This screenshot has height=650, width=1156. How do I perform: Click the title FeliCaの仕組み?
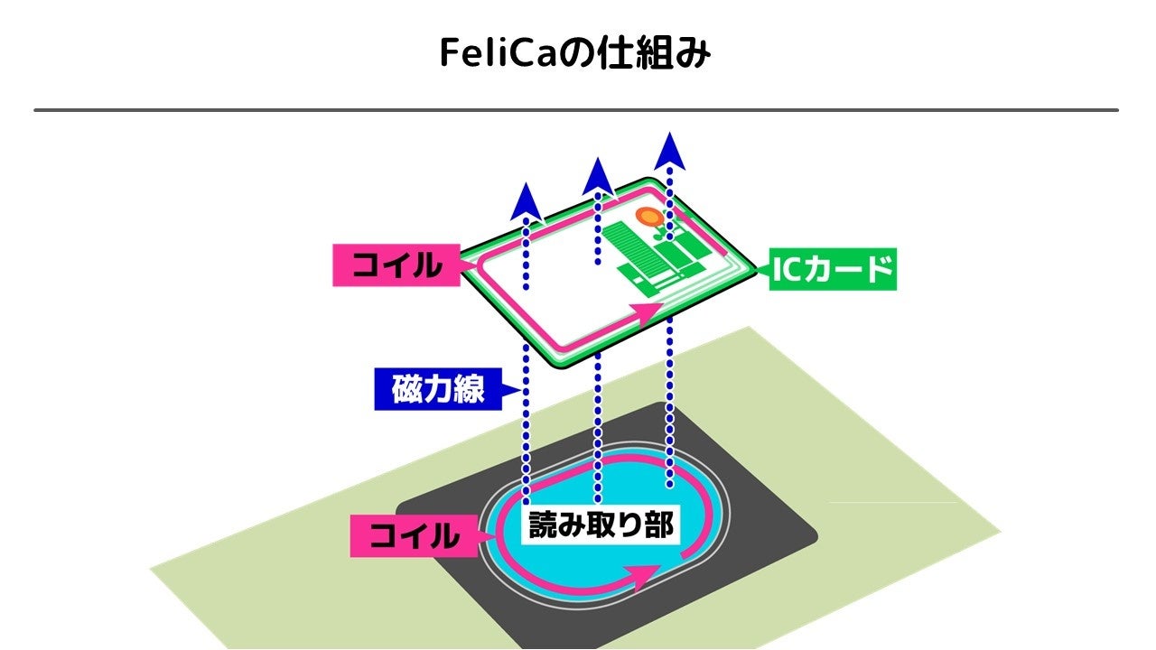pos(576,54)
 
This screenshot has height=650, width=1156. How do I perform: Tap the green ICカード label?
pos(832,269)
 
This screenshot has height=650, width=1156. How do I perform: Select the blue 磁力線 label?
pos(438,390)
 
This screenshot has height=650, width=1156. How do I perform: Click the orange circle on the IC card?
pos(647,217)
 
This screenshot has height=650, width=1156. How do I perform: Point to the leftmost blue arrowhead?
pos(526,202)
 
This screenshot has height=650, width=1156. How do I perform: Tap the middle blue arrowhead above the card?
pos(597,176)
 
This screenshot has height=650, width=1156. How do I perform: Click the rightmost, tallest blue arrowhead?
pos(669,151)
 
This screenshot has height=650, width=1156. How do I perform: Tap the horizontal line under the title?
pos(576,110)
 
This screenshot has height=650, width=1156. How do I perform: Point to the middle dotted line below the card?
pos(597,424)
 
